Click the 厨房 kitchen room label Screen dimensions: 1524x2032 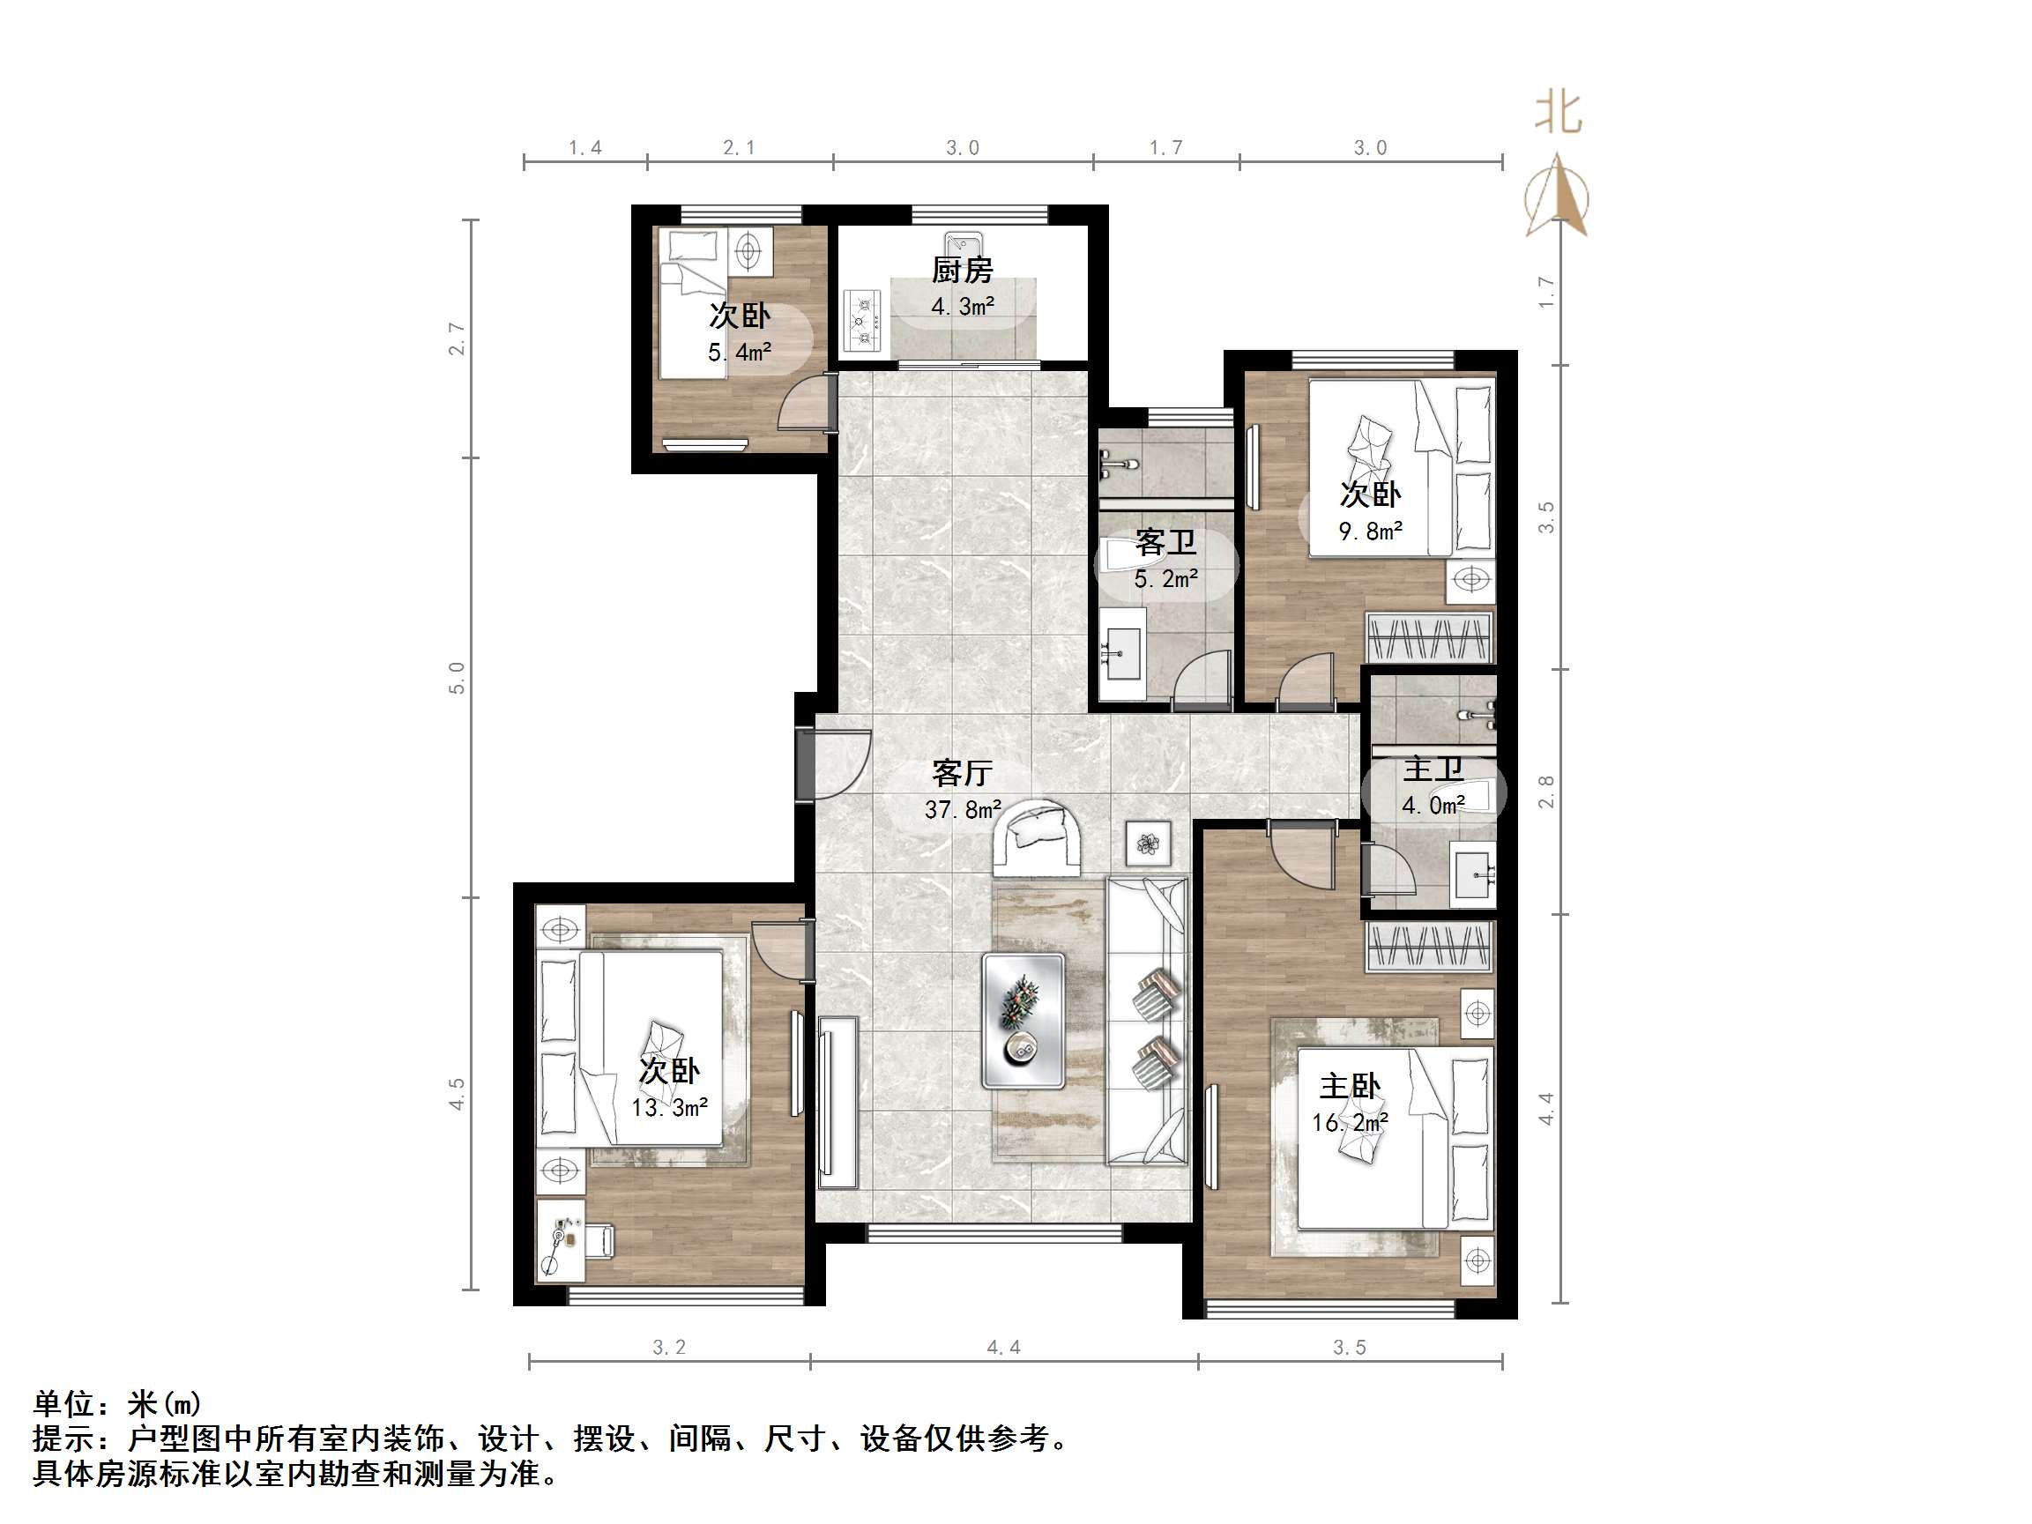[x=962, y=270]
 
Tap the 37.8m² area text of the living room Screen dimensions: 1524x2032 [x=962, y=810]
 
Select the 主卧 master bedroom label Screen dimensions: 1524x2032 [x=1350, y=1087]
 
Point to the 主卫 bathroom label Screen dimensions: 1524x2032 [x=1433, y=769]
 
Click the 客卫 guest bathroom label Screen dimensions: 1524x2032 [x=1165, y=542]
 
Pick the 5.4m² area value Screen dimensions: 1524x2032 [x=739, y=352]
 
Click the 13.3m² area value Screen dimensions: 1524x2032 [x=669, y=1108]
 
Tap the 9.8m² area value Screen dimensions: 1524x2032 [x=1370, y=531]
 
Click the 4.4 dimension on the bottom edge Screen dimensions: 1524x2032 [x=1003, y=1347]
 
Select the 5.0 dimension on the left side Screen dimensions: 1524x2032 [x=457, y=678]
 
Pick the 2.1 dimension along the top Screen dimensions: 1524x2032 [x=739, y=148]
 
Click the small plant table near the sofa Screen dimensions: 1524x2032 [x=1148, y=844]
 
